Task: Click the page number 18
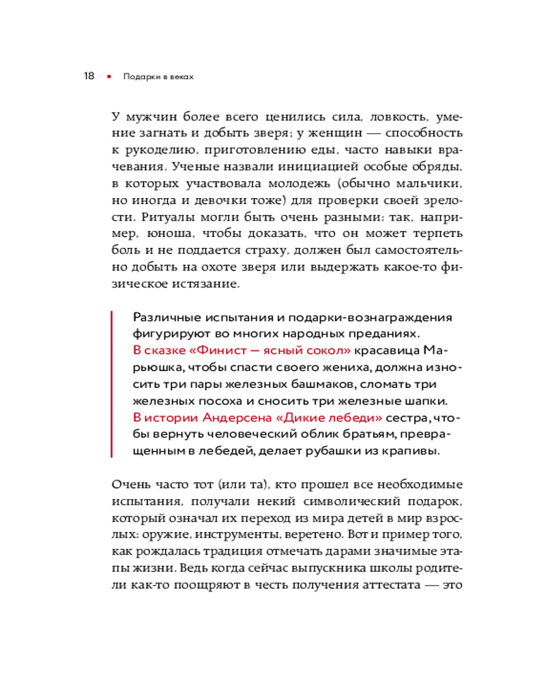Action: pyautogui.click(x=89, y=76)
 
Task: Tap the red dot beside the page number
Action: pyautogui.click(x=108, y=76)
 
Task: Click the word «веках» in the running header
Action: pyautogui.click(x=179, y=77)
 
